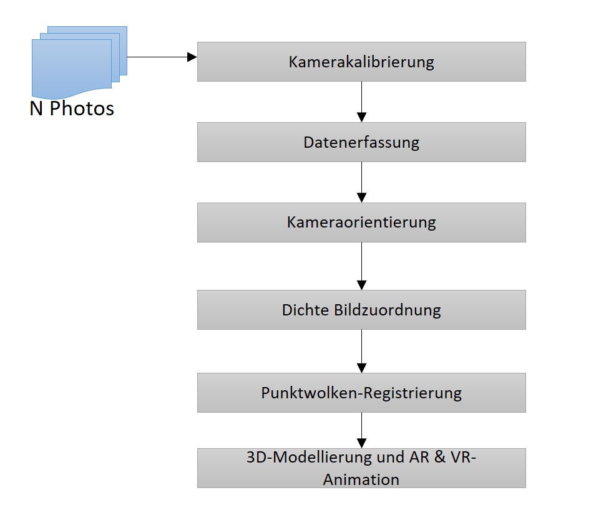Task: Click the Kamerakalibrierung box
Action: tap(361, 62)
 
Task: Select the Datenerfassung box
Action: tap(361, 142)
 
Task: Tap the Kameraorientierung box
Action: tap(361, 223)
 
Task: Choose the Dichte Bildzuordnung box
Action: tap(361, 310)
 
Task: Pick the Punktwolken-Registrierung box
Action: tap(361, 393)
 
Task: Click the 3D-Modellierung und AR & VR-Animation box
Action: tap(361, 468)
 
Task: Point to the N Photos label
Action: tap(72, 108)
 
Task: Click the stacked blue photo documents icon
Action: tap(79, 62)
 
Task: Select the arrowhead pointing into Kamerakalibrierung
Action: tap(192, 57)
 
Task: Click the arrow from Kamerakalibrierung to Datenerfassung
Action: tap(361, 102)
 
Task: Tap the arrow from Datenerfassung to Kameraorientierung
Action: tap(361, 183)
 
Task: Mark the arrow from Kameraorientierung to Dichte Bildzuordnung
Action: tap(361, 266)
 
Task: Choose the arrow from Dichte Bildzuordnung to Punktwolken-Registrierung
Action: tap(361, 351)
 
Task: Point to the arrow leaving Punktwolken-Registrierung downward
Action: tap(361, 430)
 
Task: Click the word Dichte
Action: tap(305, 310)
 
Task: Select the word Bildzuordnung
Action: tap(388, 310)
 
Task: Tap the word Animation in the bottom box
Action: tap(361, 479)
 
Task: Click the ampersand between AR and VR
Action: tap(440, 457)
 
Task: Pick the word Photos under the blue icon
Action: tap(82, 108)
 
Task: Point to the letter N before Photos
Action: tap(36, 108)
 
